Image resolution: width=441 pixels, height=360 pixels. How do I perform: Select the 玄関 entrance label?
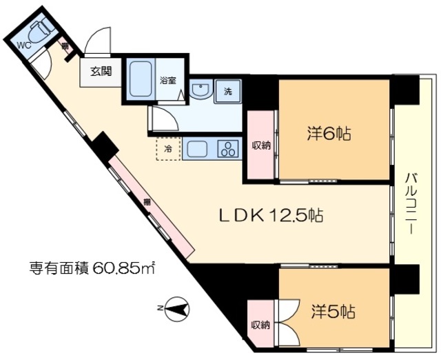pyautogui.click(x=96, y=70)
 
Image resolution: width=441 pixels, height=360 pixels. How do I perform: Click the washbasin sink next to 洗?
pyautogui.click(x=200, y=91)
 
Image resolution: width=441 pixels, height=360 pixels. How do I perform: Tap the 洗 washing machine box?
pyautogui.click(x=226, y=91)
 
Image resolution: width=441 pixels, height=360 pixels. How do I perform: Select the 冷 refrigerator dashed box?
pyautogui.click(x=167, y=148)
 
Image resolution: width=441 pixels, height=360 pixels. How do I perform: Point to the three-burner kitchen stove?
pyautogui.click(x=227, y=148)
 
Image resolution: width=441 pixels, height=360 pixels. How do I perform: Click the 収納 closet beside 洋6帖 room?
pyautogui.click(x=260, y=145)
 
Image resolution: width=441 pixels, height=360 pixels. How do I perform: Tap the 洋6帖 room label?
pyautogui.click(x=329, y=134)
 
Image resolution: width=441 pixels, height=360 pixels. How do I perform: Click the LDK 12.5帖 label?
pyautogui.click(x=271, y=216)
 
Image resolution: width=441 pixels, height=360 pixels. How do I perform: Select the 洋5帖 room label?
pyautogui.click(x=333, y=312)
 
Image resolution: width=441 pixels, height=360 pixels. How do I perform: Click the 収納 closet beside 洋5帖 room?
pyautogui.click(x=260, y=325)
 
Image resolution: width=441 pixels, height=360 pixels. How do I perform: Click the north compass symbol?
pyautogui.click(x=176, y=308)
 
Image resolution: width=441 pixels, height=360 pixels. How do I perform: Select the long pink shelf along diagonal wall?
pyautogui.click(x=148, y=203)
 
